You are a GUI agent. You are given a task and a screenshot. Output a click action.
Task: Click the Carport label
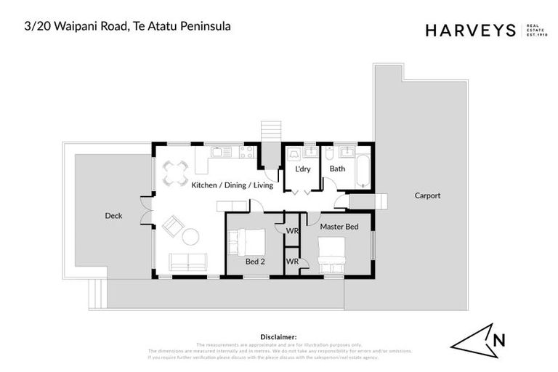[427, 195]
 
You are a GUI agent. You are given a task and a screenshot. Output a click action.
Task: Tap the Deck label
[113, 216]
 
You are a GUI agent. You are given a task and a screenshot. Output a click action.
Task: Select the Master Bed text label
[339, 227]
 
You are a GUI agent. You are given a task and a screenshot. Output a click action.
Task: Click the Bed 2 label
[254, 262]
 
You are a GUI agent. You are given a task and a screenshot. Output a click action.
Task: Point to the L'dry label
[302, 169]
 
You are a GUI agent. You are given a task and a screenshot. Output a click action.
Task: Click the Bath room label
[337, 169]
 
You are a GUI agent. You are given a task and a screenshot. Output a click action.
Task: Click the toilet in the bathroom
[329, 153]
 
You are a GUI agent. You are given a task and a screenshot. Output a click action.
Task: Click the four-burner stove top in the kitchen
[246, 152]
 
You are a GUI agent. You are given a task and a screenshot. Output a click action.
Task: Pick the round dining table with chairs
[175, 173]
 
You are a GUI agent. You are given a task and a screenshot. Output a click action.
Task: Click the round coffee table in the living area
[190, 237]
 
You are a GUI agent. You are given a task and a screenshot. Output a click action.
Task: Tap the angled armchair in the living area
[172, 227]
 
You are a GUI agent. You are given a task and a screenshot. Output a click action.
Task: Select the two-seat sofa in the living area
[187, 262]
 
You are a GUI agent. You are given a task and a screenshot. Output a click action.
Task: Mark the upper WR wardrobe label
[292, 230]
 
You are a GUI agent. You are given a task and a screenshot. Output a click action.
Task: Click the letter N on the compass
[499, 340]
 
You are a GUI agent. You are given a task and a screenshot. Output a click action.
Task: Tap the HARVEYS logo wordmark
[470, 30]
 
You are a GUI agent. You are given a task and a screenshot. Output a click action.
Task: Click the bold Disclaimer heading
[278, 337]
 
